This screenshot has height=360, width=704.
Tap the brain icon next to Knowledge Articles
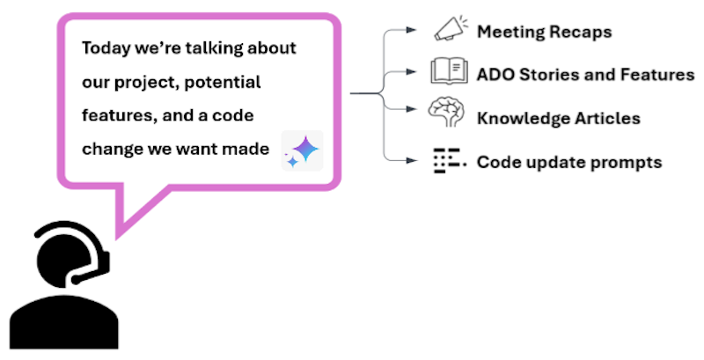[448, 115]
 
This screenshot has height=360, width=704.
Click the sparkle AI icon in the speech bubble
[302, 151]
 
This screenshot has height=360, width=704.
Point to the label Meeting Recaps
[543, 33]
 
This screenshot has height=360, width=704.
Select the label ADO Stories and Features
[585, 75]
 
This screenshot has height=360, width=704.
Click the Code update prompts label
[568, 162]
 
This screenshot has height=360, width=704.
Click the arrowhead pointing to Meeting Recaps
[413, 30]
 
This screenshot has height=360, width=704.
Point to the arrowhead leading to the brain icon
[413, 109]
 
